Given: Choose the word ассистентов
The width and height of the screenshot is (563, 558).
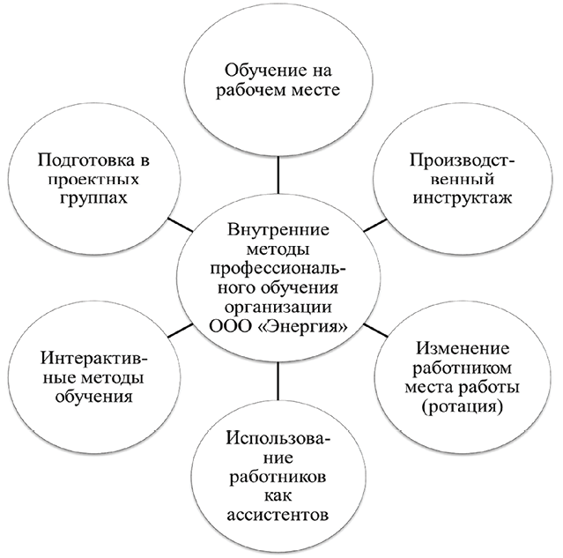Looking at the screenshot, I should coord(277,514).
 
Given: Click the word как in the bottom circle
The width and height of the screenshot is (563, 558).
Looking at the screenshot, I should coord(277,495).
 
